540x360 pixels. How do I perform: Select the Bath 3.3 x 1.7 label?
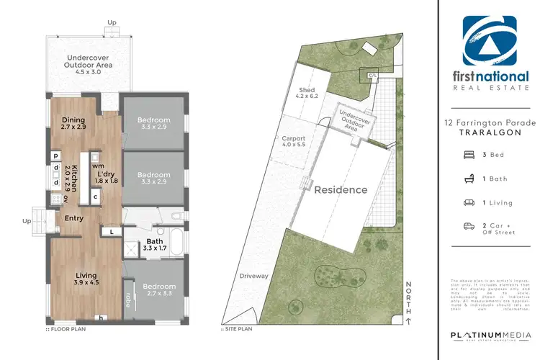point(155,245)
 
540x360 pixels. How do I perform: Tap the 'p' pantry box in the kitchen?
point(55,155)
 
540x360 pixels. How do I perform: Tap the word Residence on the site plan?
point(341,190)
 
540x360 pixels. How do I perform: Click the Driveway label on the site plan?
point(255,275)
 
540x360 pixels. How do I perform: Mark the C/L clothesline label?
point(372,75)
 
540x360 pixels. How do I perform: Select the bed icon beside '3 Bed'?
point(469,155)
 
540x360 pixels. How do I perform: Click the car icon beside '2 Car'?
point(469,227)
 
